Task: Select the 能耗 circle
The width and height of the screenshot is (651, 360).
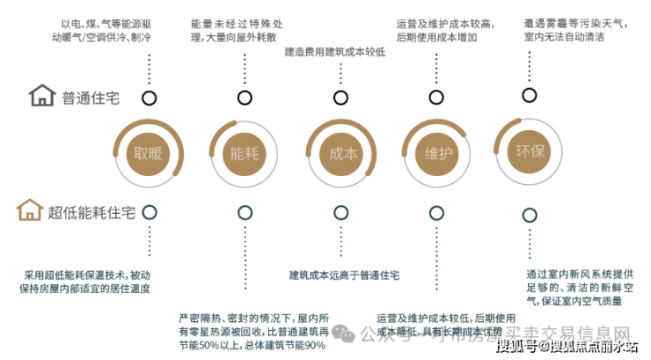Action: click(244, 153)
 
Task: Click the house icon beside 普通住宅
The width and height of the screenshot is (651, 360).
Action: click(41, 96)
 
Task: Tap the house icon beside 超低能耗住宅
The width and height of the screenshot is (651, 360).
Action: click(29, 211)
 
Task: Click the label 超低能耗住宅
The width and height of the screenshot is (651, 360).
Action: click(92, 212)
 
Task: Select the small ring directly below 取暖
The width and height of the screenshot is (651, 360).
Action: click(150, 211)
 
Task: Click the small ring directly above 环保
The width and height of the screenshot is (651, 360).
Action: click(528, 95)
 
